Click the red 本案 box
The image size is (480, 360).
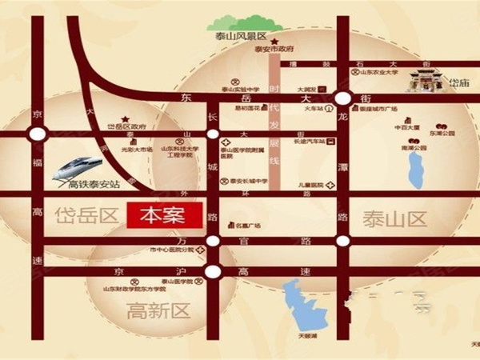(x=162, y=217)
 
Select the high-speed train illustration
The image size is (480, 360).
(x=78, y=166)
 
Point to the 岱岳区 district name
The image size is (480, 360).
(x=88, y=215)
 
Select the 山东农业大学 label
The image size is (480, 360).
(x=381, y=72)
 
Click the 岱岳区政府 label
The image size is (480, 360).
(x=127, y=126)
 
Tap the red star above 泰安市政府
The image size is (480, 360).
(x=274, y=41)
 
